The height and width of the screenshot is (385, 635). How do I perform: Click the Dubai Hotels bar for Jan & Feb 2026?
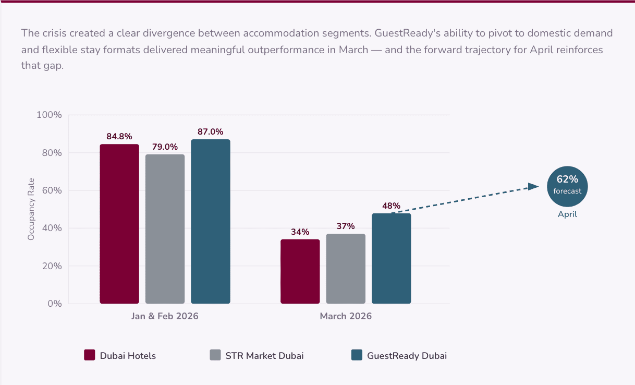(119, 224)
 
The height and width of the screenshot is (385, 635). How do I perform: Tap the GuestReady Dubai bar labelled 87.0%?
(210, 221)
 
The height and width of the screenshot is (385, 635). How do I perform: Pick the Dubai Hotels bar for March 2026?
(300, 271)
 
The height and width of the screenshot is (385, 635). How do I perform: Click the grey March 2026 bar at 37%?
(346, 269)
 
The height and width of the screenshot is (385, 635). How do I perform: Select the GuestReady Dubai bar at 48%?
(391, 258)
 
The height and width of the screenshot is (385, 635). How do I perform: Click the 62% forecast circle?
(567, 187)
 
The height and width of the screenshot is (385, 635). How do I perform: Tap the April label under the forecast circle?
(567, 214)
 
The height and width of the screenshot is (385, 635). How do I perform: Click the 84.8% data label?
(119, 137)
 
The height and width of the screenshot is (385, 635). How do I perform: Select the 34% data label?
(300, 232)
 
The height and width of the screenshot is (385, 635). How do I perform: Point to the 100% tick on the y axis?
(49, 115)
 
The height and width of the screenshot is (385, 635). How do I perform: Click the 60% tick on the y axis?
(51, 190)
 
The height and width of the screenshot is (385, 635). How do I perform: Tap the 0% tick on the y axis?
(54, 304)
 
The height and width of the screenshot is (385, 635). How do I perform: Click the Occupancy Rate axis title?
(31, 209)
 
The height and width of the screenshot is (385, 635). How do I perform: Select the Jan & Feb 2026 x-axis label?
(165, 316)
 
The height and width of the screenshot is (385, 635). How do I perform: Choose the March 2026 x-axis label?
(346, 316)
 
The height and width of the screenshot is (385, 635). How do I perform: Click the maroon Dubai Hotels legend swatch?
(90, 355)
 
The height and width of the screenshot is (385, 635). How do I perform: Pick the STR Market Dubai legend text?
(264, 356)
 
